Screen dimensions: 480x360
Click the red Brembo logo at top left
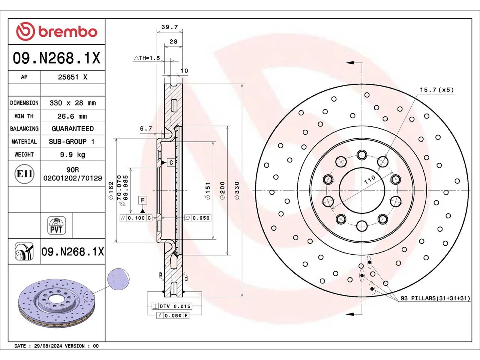pos(57,31)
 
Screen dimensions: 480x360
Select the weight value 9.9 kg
pos(73,155)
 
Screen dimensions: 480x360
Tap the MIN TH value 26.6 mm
pos(72,116)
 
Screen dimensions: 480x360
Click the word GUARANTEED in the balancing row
pos(73,129)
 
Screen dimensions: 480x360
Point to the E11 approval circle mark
pos(24,174)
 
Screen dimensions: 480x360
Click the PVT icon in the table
pos(56,225)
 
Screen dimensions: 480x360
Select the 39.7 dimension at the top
pos(170,27)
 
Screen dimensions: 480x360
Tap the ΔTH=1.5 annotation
pos(147,58)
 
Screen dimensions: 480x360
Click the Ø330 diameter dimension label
pos(237,190)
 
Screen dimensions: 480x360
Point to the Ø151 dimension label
pos(207,190)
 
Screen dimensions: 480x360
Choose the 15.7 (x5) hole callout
pos(437,90)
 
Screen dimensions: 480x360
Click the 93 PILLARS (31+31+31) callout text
pos(435,298)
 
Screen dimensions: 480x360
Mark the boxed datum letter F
pos(142,200)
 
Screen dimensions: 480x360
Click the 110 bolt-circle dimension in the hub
pos(370,180)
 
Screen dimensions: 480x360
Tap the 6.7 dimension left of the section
pos(146,129)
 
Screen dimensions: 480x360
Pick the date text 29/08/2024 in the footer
pos(48,346)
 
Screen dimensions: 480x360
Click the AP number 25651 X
pos(73,77)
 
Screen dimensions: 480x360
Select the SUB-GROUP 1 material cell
pos(72,142)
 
